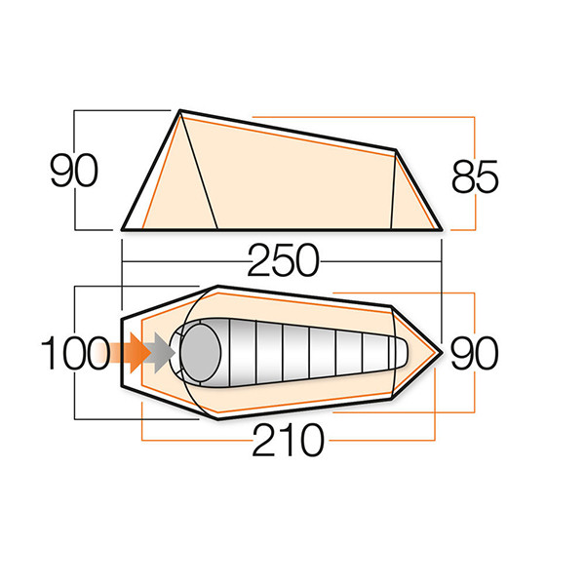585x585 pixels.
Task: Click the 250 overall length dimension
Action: pyautogui.click(x=282, y=261)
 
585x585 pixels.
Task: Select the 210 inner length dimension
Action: pyautogui.click(x=287, y=443)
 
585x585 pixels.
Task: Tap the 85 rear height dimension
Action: pyautogui.click(x=476, y=178)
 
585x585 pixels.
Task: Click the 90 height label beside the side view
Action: pyautogui.click(x=74, y=172)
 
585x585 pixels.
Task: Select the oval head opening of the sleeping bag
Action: pyautogui.click(x=201, y=349)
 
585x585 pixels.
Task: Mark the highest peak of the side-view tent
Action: pyautogui.click(x=180, y=112)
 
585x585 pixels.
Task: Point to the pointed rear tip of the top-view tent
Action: pyautogui.click(x=442, y=351)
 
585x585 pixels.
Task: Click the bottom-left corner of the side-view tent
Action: pyautogui.click(x=124, y=229)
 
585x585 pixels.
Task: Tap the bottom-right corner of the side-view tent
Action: pyautogui.click(x=440, y=229)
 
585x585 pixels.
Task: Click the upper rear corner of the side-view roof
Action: pyautogui.click(x=396, y=151)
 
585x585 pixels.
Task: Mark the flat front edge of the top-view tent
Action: pyautogui.click(x=121, y=352)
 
